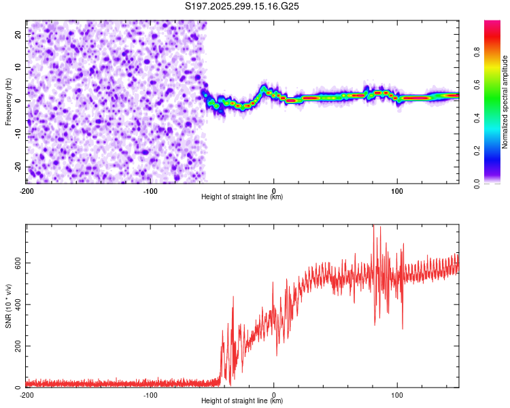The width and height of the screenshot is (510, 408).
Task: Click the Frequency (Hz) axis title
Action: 8,101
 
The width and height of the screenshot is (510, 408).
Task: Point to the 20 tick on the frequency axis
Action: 18,34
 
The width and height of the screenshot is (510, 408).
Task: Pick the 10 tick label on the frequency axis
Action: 18,67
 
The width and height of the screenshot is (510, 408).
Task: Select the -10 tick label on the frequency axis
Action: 17,133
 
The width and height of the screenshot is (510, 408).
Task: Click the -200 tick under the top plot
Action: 27,190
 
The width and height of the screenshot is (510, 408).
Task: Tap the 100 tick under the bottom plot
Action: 397,394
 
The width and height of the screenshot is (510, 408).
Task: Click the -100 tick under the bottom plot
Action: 150,394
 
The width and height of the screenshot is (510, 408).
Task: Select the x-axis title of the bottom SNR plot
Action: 242,402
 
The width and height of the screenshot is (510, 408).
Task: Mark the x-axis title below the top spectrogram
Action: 242,197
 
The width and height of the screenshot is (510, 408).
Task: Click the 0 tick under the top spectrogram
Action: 273,190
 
